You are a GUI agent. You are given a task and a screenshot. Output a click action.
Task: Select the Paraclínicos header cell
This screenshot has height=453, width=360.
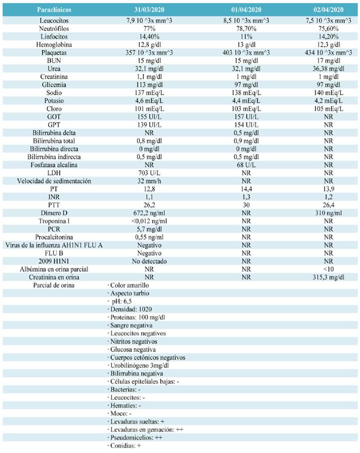(x=54, y=10)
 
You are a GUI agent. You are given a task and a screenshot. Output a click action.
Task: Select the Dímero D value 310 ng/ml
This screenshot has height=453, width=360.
(x=328, y=213)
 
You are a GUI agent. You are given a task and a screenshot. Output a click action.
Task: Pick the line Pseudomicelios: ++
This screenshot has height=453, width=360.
(x=136, y=438)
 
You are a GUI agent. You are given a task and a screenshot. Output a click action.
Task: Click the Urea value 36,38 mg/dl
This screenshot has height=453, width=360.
(x=328, y=69)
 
